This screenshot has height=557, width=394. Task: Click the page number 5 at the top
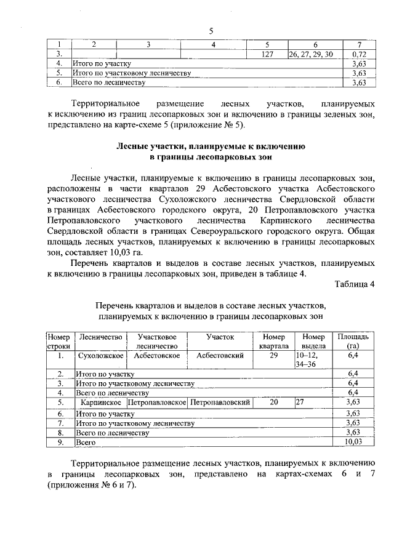click(x=211, y=31)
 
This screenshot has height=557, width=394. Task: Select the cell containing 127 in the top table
click(x=267, y=55)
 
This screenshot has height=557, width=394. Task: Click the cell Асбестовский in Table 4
click(x=220, y=356)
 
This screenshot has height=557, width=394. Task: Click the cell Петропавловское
click(x=157, y=402)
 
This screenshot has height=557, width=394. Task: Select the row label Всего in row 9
click(x=83, y=441)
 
